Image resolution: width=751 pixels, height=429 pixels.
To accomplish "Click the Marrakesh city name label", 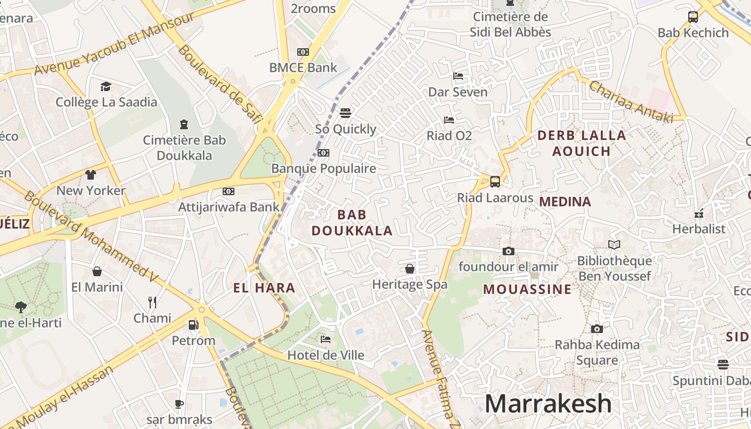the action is (548, 404).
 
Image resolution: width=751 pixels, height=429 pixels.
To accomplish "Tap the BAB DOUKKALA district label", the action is (352, 223).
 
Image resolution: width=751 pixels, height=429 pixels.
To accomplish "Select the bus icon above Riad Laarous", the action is (495, 181).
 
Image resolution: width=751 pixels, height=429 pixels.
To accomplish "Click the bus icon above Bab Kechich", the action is (693, 17).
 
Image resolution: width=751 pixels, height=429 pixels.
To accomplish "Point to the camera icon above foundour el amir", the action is (508, 251).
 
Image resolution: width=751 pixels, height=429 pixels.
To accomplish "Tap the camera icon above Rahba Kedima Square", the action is (597, 329).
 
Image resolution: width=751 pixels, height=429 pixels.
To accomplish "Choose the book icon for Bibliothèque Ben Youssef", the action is (614, 245).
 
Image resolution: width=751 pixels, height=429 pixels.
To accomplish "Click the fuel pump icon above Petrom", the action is (193, 324).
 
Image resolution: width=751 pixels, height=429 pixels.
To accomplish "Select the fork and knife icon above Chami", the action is (152, 302).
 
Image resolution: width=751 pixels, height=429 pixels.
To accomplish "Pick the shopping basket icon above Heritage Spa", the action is (410, 268).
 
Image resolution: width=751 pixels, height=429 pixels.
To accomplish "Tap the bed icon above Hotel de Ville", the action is (326, 339).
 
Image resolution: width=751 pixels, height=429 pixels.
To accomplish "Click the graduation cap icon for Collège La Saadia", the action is (106, 86).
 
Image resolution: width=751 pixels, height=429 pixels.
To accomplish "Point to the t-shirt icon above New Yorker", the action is (91, 175).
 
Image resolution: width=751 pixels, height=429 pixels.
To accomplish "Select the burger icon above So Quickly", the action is (345, 113).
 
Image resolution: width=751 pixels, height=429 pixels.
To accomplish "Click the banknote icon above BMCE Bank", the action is (303, 52).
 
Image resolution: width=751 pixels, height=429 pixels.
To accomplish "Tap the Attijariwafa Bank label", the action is (229, 206).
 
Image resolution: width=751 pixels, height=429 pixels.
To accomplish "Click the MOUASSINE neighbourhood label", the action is (527, 290).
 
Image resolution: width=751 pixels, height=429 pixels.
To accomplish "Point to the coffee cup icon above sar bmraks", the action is (179, 404).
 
